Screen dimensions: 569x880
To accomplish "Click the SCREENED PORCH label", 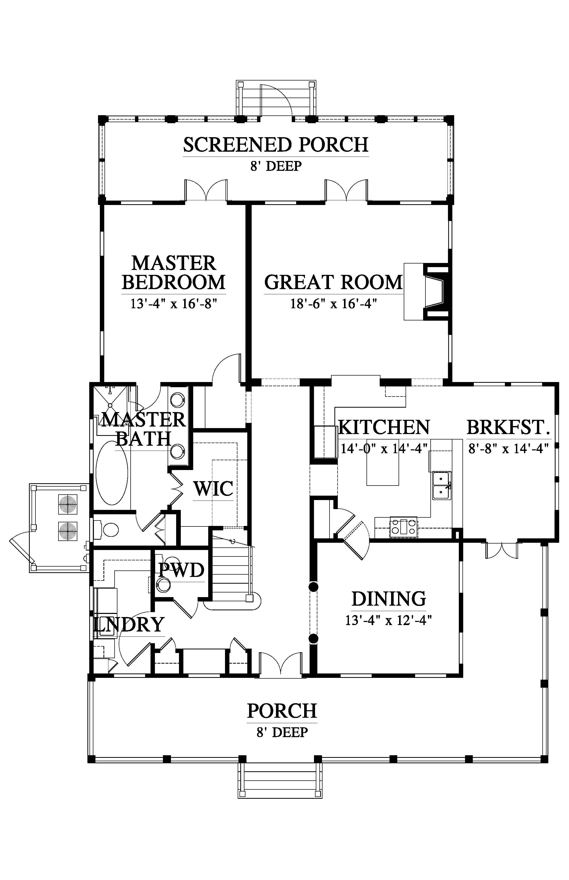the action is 276,145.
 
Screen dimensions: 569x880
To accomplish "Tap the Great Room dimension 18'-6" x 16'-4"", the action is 333,304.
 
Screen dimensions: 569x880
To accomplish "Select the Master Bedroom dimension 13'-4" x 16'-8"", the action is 173,304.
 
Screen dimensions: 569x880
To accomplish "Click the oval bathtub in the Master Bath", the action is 112,473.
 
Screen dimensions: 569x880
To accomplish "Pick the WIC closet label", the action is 213,488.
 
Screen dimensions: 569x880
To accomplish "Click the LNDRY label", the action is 128,625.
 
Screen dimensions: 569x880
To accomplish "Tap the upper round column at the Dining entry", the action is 313,586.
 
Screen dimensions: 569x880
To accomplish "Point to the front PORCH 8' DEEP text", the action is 282,720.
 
